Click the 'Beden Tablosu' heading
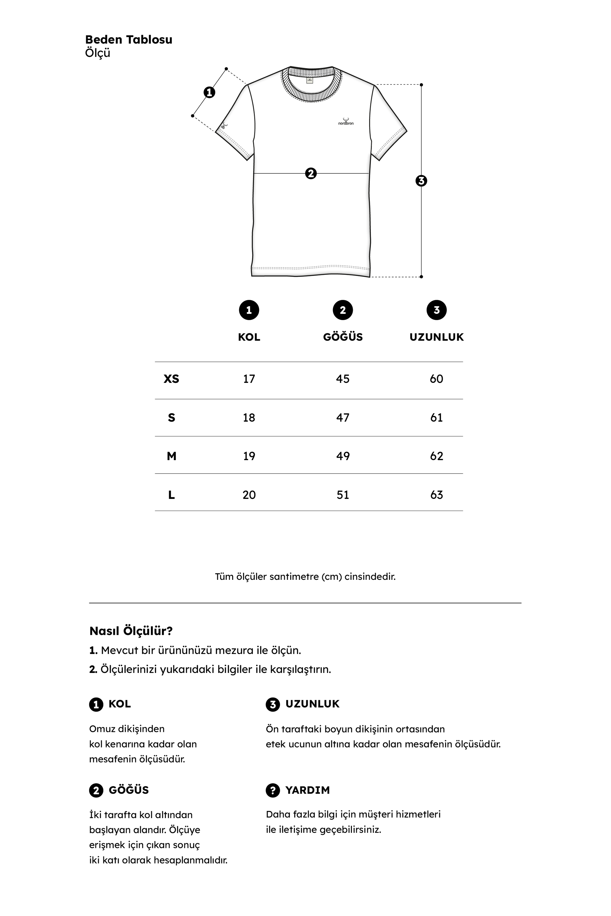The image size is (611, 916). [129, 39]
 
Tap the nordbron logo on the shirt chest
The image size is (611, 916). [346, 122]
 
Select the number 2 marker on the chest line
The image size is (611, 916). [311, 173]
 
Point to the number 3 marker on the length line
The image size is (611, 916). [421, 181]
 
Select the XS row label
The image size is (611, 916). [171, 379]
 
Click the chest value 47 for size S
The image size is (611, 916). [342, 417]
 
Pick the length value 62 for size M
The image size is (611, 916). [437, 456]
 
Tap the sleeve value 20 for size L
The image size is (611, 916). [249, 495]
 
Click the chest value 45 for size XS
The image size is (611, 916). [342, 379]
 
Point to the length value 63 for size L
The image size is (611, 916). [437, 495]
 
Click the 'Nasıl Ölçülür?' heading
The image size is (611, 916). [131, 631]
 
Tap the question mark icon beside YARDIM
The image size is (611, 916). [273, 790]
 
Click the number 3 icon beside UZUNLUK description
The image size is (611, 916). [273, 704]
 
